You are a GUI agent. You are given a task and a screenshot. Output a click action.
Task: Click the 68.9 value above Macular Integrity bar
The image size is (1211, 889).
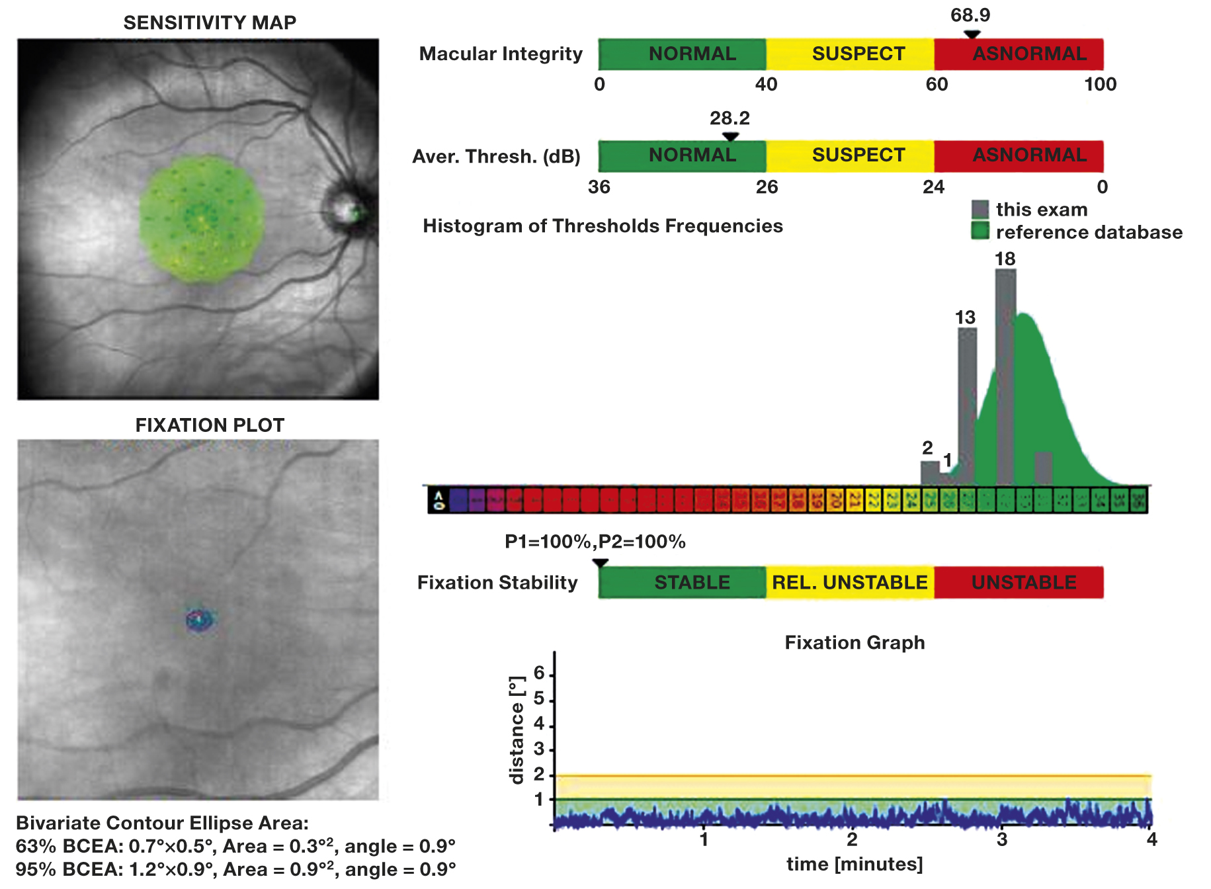970,15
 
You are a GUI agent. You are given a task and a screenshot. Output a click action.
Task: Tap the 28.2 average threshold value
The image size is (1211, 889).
730,118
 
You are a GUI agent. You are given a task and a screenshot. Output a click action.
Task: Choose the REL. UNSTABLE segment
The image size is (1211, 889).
850,583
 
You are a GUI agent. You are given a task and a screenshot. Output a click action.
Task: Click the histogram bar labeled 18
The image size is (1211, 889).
1005,377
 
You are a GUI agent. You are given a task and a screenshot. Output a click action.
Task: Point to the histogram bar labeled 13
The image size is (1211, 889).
967,403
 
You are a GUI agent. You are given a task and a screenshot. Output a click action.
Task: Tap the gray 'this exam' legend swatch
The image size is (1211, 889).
980,210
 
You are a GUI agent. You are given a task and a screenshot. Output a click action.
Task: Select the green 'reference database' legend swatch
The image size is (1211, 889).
980,232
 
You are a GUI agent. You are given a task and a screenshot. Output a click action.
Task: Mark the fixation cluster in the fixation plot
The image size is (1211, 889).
199,620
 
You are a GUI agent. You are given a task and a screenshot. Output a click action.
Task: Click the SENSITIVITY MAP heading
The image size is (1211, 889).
210,22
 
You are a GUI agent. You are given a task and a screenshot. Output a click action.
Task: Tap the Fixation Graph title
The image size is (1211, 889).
855,643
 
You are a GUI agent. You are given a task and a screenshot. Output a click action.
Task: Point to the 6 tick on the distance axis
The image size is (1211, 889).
540,673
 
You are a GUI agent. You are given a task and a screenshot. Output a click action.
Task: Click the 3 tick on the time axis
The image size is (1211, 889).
1002,839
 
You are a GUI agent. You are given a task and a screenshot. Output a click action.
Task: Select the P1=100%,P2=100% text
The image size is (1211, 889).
595,542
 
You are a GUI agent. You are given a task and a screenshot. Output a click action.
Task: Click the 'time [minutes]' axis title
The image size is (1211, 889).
855,865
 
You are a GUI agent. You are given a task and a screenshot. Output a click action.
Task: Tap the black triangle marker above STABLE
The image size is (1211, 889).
600,563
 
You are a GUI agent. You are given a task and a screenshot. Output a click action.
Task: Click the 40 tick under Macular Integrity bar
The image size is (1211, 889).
766,85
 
